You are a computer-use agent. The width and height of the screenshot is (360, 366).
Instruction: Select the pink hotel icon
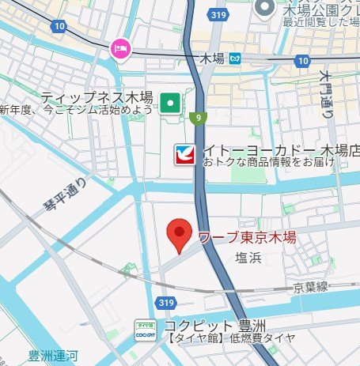[120, 49]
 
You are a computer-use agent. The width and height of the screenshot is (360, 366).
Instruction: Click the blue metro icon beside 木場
[235, 58]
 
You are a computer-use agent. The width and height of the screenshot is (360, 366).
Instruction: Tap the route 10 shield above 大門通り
[301, 61]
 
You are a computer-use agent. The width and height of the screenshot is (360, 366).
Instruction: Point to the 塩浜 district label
[250, 258]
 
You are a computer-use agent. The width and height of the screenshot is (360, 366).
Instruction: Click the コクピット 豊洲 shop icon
[144, 329]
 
